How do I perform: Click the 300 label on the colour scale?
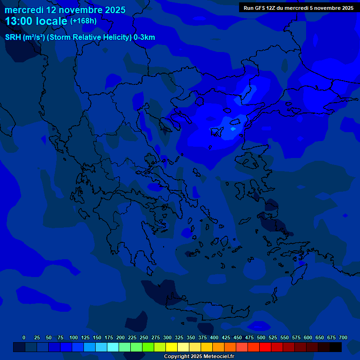click(167, 337)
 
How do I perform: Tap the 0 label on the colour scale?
click(24, 337)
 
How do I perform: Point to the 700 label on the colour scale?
click(343, 337)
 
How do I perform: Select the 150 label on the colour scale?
click(97, 337)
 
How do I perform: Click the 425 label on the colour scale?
click(226, 337)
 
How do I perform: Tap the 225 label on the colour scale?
click(132, 337)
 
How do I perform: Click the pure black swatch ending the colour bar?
click(336, 347)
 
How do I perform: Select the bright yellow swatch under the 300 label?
click(172, 347)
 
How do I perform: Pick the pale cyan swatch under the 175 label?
click(113, 347)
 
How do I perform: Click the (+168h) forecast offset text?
click(83, 21)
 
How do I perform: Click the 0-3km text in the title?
click(144, 37)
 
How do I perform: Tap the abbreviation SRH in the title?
click(13, 37)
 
